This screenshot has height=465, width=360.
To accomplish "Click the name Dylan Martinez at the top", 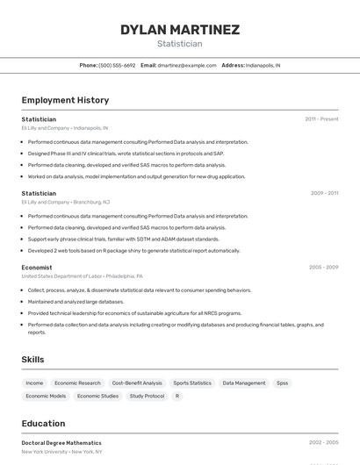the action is [179, 29].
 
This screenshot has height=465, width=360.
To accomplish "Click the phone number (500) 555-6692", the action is [117, 65].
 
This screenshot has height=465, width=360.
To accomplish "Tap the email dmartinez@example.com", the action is [186, 65].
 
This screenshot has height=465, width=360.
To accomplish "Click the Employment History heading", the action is [65, 100].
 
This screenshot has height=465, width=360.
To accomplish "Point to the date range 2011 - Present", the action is [321, 119].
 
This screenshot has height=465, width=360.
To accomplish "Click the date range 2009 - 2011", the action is [324, 193].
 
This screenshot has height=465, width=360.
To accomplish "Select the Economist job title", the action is [37, 268].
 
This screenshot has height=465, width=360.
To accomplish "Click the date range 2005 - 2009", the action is [323, 268].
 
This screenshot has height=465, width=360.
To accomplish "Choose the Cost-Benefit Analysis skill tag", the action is [137, 383].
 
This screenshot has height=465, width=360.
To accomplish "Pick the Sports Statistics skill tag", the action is [192, 383].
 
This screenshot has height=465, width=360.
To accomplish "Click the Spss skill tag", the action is [282, 383].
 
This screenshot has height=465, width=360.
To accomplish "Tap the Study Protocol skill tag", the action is [147, 396].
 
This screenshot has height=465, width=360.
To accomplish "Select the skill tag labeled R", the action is [177, 396].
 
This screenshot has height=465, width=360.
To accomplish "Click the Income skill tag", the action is [34, 383].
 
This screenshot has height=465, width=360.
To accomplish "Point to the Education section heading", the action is [43, 424].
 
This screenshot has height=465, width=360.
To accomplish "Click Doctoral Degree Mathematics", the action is [61, 443].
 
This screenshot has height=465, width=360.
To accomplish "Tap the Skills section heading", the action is [32, 360].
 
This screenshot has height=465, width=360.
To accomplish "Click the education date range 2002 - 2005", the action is [323, 443].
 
